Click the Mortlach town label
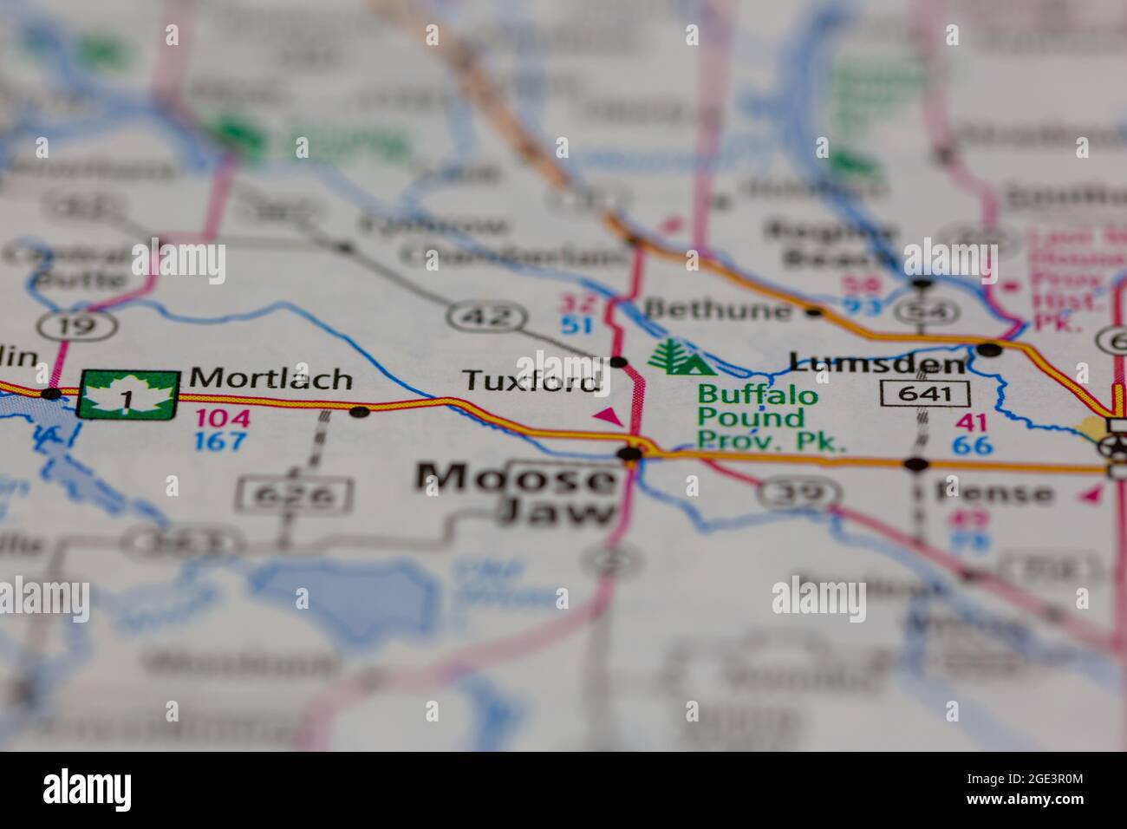point(270,379)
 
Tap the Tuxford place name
point(531,381)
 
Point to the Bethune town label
point(719,310)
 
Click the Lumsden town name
point(877,363)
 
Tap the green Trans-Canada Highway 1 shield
point(128,395)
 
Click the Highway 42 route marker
point(485,317)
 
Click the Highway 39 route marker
point(798,493)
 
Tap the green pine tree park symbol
point(681,356)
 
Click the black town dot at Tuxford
point(618,362)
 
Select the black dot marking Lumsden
point(989,349)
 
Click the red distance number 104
point(222,418)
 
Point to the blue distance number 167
point(222,441)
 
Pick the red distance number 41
point(971,423)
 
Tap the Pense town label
point(993,493)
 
